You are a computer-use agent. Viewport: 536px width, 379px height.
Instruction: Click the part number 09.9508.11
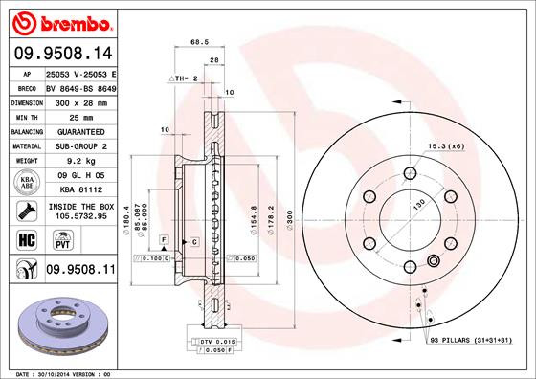(80, 271)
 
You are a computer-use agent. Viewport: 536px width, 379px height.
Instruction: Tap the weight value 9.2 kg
(80, 160)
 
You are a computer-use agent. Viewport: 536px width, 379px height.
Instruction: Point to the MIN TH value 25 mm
(80, 116)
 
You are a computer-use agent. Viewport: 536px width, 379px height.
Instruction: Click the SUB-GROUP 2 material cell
(80, 145)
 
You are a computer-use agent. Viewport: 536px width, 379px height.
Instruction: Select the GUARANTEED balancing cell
(80, 131)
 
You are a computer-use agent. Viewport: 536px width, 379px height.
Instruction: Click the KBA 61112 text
(80, 189)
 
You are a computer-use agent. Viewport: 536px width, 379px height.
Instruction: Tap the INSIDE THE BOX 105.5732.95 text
(80, 211)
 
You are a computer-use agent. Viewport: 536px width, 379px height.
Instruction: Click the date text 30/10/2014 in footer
(64, 372)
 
